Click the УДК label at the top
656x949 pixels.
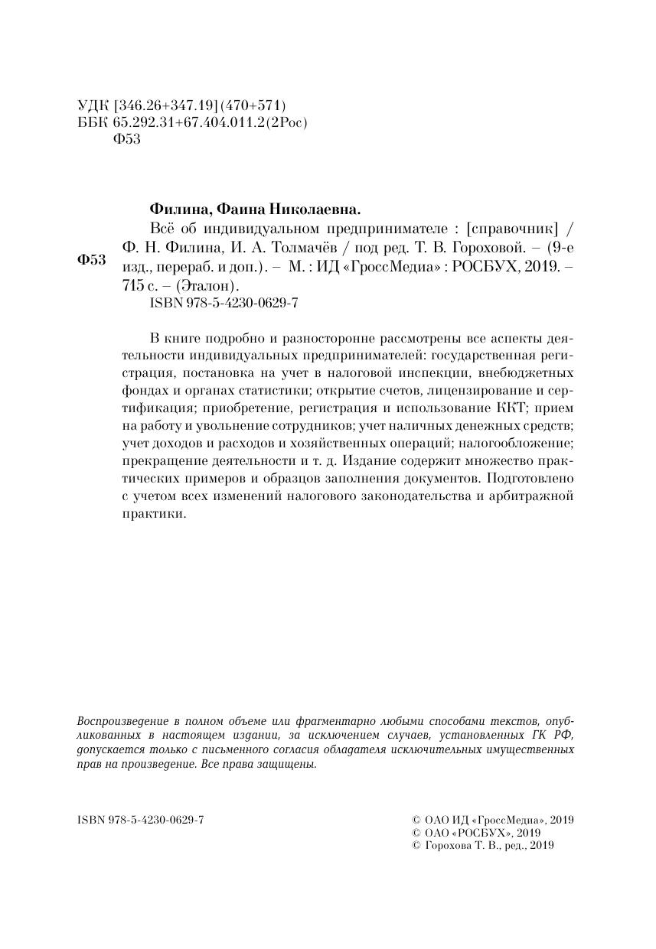click(x=93, y=106)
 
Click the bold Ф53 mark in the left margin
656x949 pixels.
click(x=92, y=260)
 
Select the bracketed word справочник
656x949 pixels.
click(x=512, y=228)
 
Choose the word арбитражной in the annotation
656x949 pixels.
click(x=536, y=498)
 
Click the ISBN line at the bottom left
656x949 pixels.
click(x=141, y=820)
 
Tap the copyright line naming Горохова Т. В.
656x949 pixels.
click(x=482, y=846)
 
